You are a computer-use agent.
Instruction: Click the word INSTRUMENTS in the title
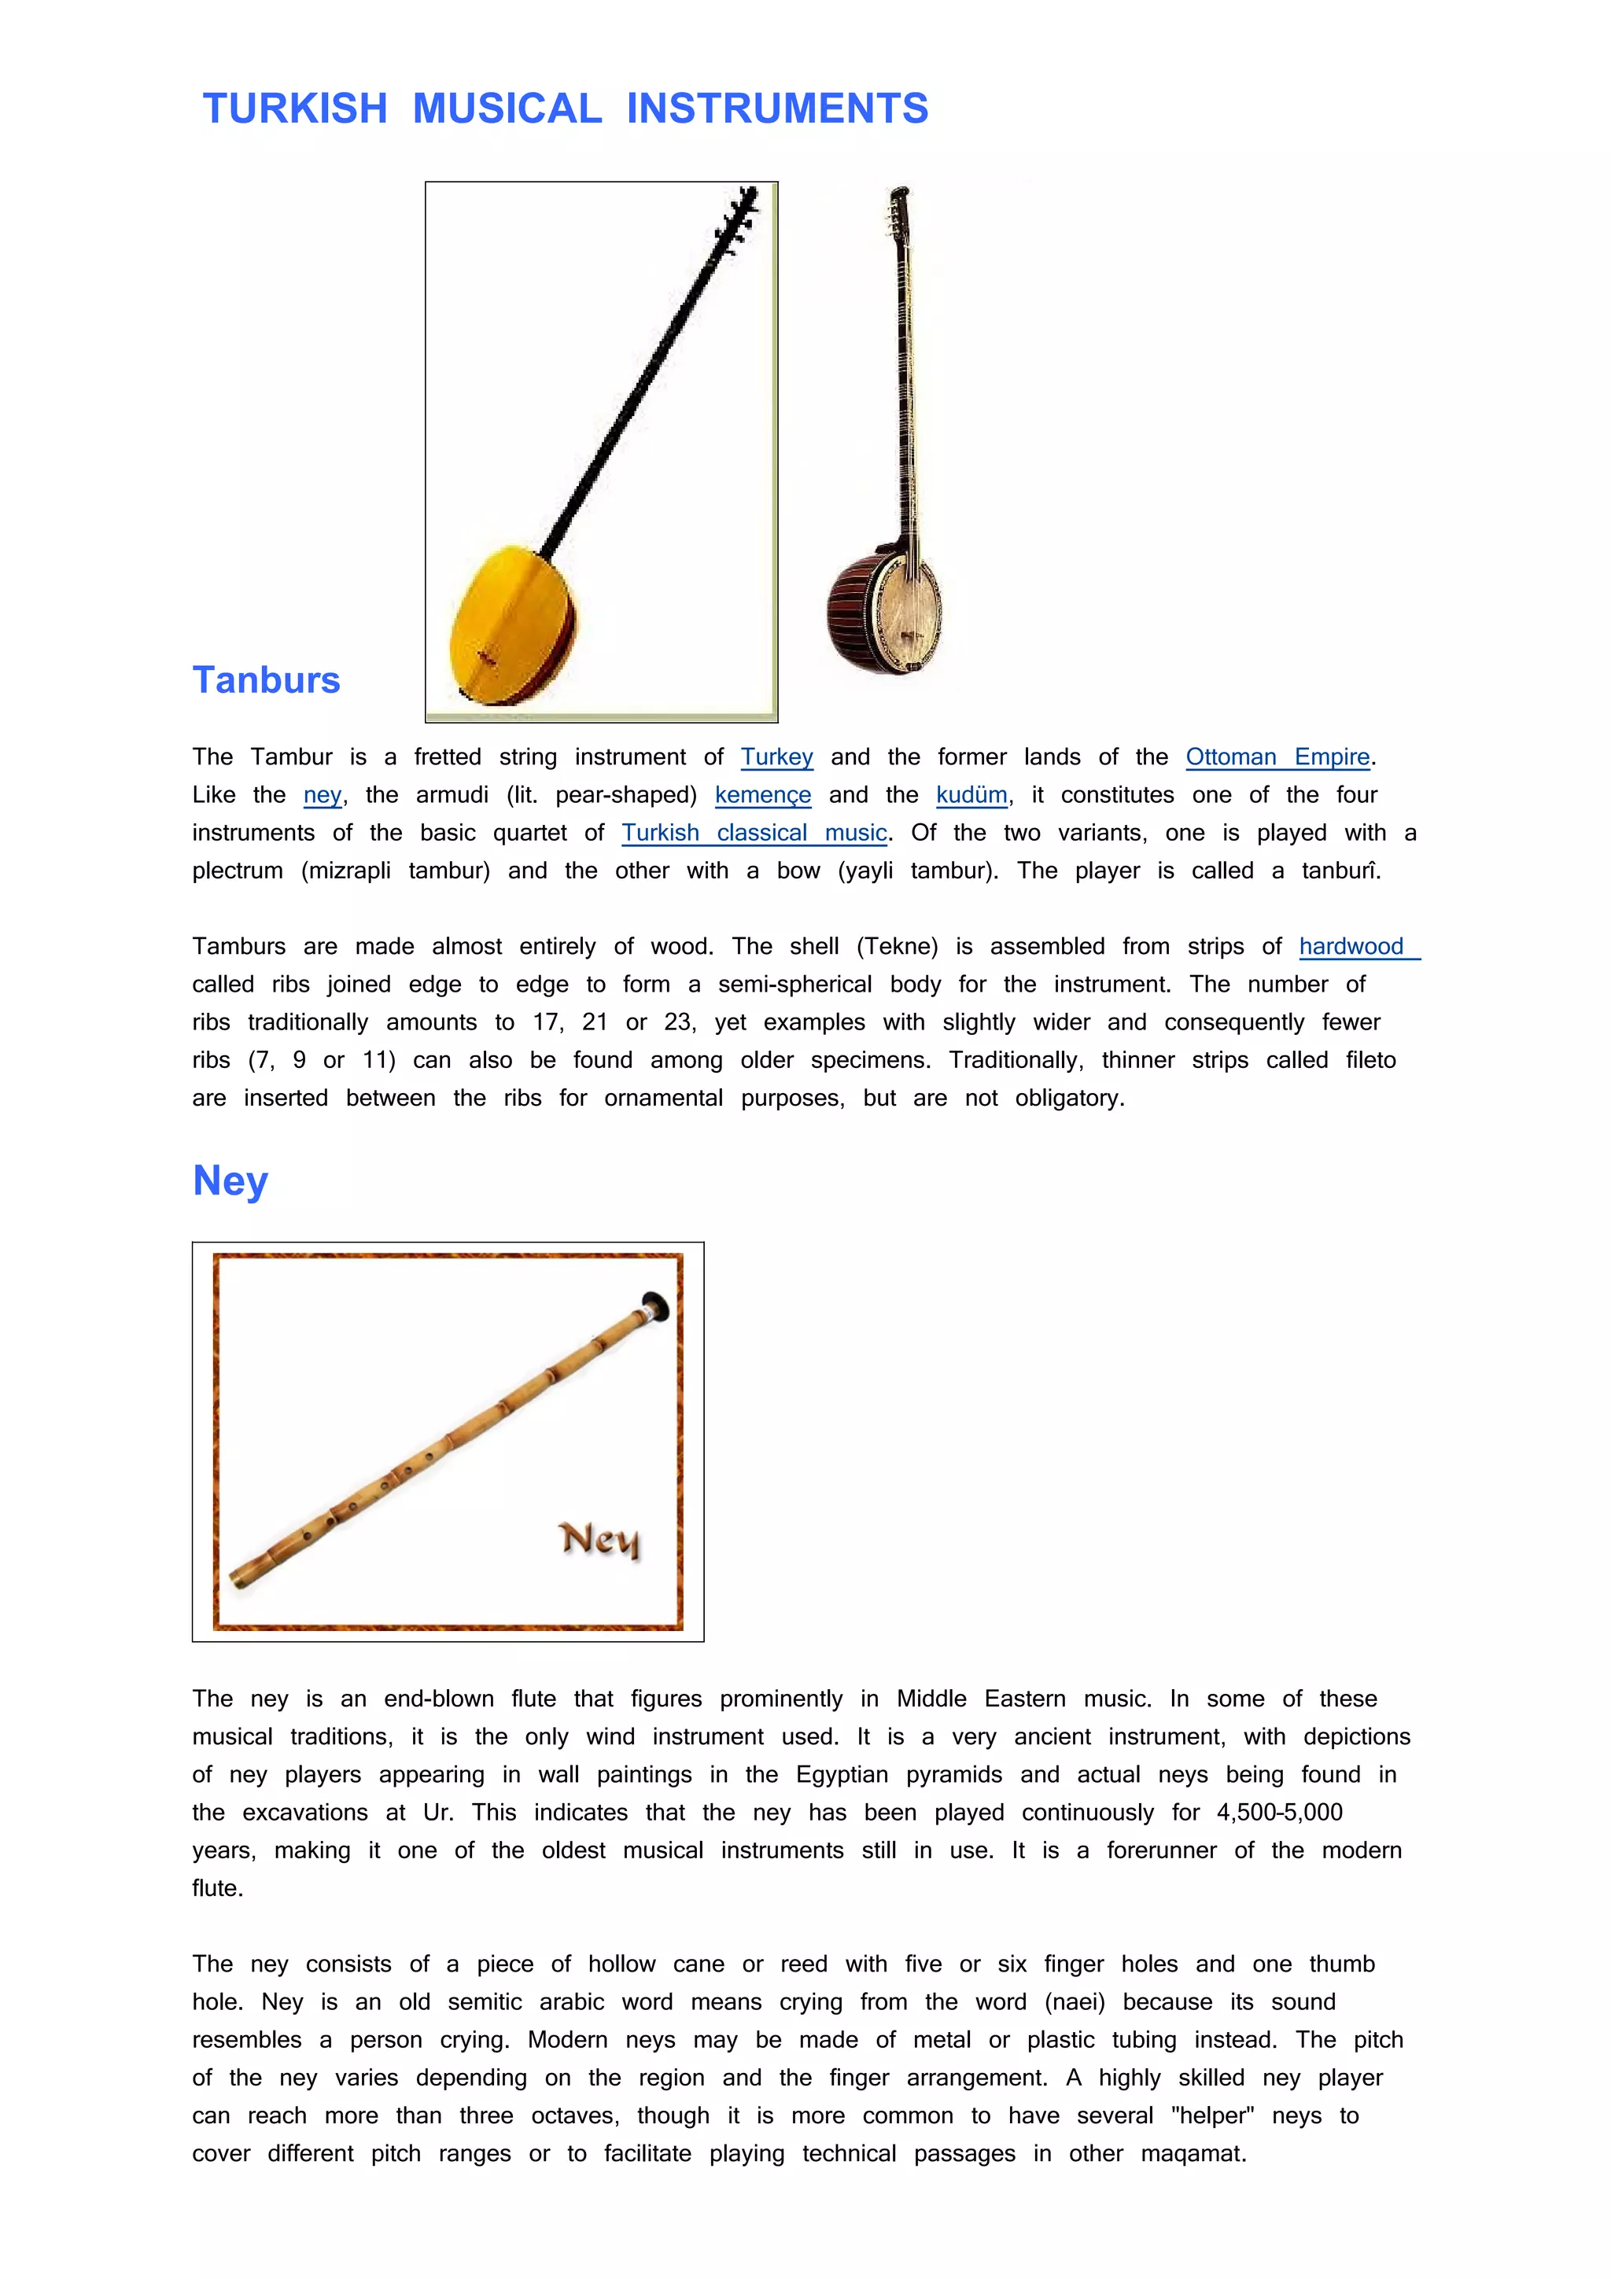(777, 109)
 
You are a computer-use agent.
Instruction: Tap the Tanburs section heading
(266, 680)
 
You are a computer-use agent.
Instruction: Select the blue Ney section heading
(230, 1180)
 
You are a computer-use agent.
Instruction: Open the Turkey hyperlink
(776, 757)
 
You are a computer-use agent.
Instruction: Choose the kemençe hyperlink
(762, 795)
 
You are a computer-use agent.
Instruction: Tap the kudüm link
(971, 795)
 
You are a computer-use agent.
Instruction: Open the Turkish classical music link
(754, 833)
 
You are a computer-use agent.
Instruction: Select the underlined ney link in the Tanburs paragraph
(323, 795)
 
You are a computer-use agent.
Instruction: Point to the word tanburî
(1340, 871)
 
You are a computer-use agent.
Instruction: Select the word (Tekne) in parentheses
(898, 947)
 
